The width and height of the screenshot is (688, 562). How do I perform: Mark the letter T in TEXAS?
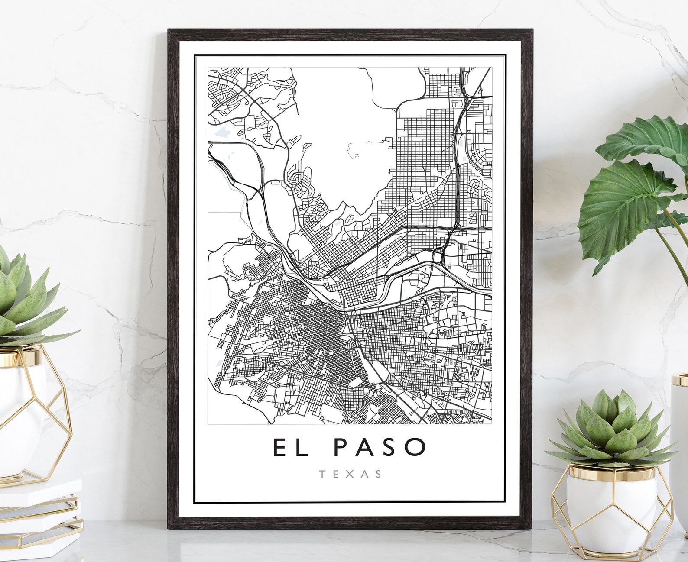click(322, 474)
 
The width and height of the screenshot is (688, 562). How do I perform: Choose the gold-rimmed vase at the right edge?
click(680, 433)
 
